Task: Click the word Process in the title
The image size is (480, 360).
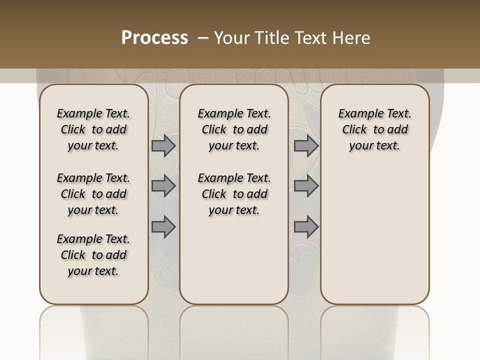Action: click(154, 38)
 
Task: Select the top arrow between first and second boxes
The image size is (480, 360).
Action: click(163, 146)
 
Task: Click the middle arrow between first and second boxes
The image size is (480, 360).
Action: click(163, 186)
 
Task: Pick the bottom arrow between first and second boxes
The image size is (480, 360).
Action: click(163, 227)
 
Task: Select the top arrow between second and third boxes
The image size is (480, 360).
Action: click(306, 146)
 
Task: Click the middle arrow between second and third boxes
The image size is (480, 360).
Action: click(306, 186)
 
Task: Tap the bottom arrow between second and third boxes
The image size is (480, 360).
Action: click(306, 227)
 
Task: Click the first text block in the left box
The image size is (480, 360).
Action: click(93, 129)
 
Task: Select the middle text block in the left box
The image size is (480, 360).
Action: click(93, 194)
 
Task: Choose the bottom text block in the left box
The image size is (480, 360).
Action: click(93, 255)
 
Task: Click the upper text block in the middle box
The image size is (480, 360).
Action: click(234, 129)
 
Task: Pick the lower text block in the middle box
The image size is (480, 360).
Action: click(234, 194)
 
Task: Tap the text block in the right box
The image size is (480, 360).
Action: click(375, 129)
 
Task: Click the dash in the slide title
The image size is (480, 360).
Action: click(202, 38)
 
